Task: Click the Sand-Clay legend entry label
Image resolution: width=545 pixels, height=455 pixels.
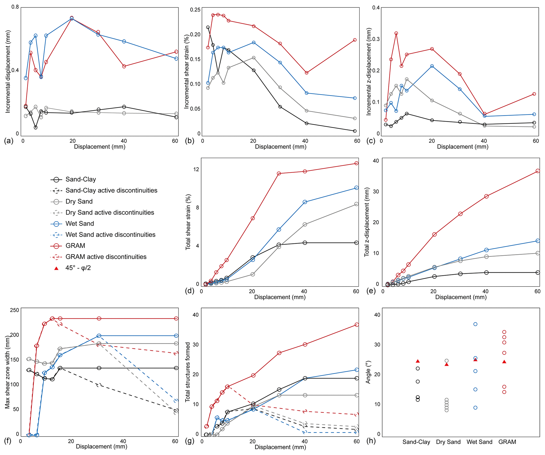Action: click(80, 180)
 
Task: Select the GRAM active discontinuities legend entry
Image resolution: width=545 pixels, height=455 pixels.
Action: click(106, 257)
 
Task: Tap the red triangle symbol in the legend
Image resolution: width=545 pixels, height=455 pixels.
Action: click(56, 268)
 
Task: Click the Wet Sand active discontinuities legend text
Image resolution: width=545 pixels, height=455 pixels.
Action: click(110, 235)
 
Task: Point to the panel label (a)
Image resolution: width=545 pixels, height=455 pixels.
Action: click(8, 141)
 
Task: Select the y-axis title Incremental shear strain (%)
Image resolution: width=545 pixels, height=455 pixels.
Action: click(187, 71)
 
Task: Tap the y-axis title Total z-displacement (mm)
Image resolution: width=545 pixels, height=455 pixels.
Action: click(367, 222)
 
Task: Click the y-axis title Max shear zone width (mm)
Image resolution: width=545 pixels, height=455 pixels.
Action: click(7, 373)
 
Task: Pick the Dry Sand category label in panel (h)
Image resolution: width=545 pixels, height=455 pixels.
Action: click(448, 442)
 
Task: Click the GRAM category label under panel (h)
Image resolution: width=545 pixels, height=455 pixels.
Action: click(507, 442)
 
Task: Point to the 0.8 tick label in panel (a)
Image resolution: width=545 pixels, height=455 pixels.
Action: click(15, 7)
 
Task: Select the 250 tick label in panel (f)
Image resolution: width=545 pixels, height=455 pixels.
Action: click(15, 310)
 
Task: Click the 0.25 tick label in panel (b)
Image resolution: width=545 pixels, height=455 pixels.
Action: click(195, 10)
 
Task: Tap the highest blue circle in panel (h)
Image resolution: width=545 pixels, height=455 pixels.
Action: click(475, 324)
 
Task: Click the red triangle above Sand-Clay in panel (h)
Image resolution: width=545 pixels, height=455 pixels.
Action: click(418, 361)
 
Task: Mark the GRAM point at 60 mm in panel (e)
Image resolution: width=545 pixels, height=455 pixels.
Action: click(538, 171)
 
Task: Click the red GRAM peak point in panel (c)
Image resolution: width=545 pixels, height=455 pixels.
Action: click(396, 33)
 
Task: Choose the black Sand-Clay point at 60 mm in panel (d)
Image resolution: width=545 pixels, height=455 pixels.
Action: click(356, 243)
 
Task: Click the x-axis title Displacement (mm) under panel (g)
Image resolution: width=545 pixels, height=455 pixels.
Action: click(280, 447)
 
